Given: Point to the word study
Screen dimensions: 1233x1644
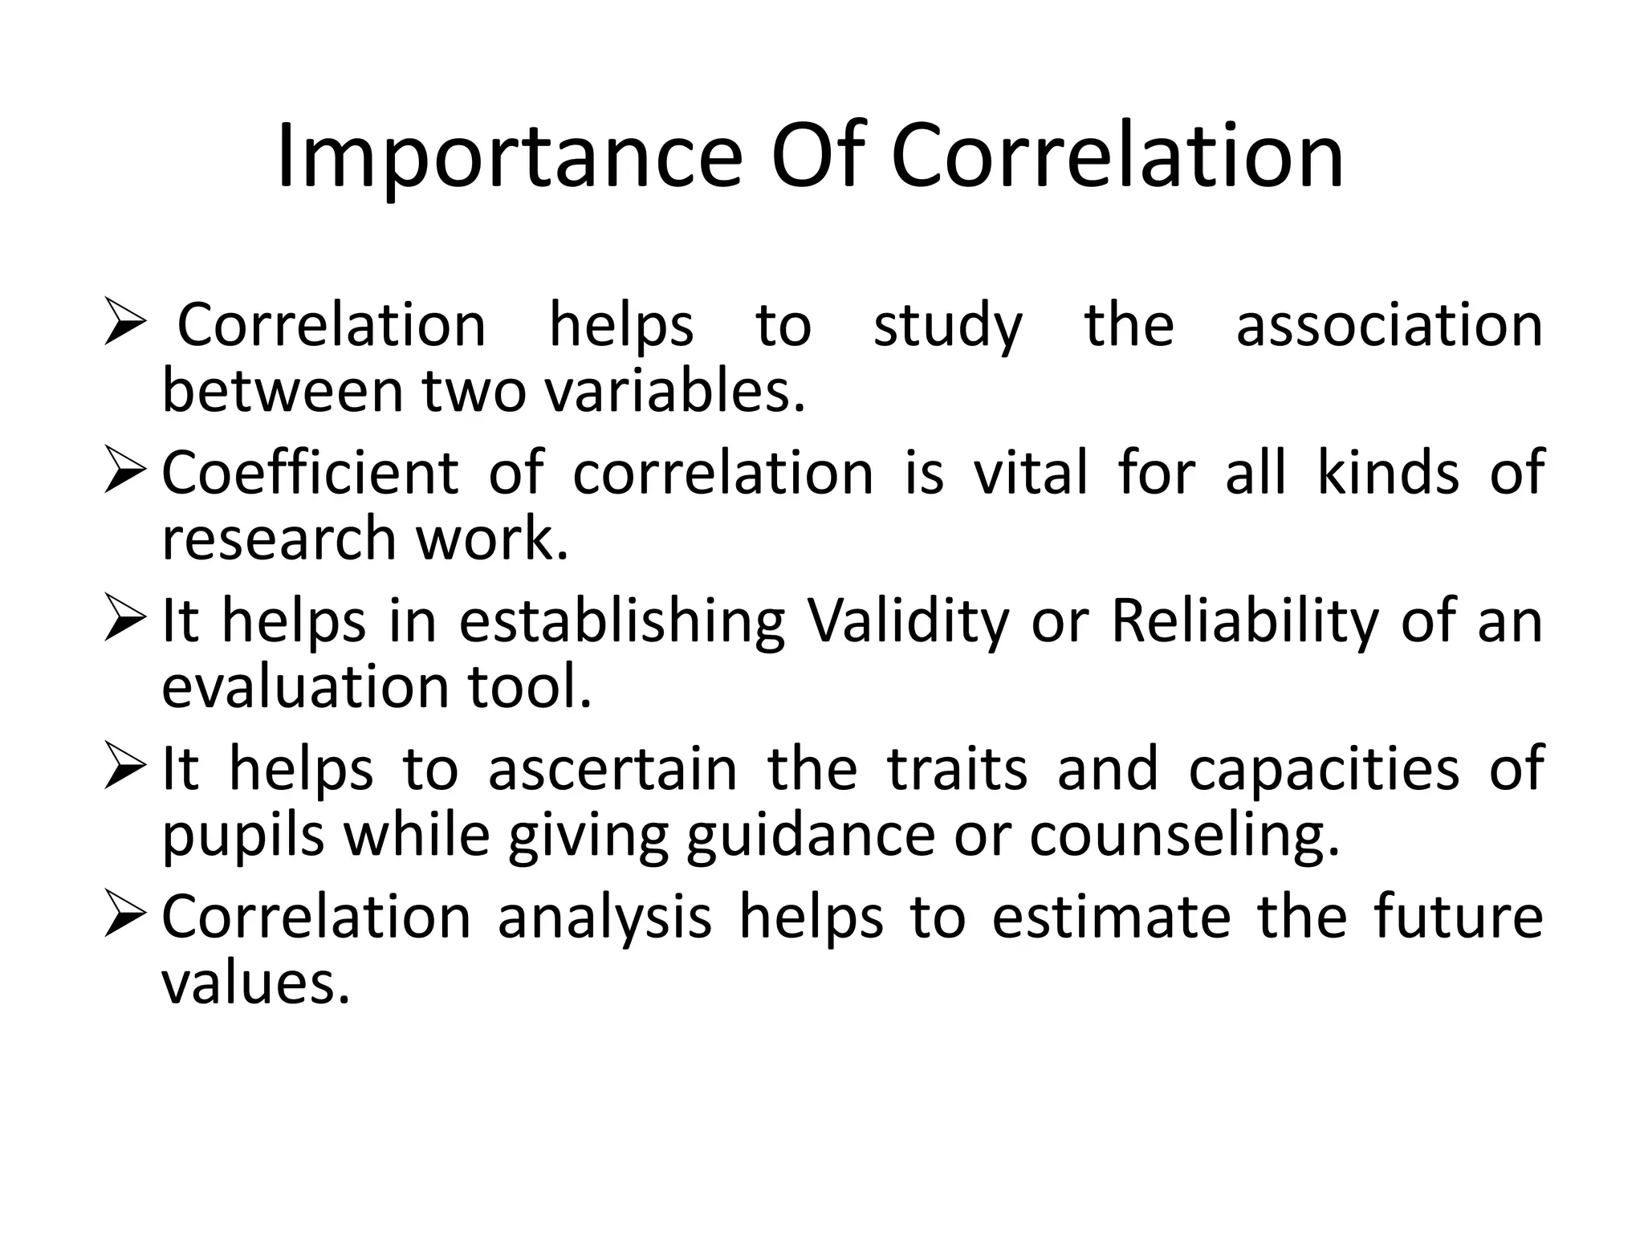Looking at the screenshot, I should pyautogui.click(x=948, y=328).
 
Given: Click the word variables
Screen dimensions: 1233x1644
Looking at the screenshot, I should pyautogui.click(x=674, y=392).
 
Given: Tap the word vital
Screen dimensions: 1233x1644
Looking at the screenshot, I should pyautogui.click(x=1031, y=473).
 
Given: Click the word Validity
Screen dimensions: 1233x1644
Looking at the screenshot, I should pyautogui.click(x=907, y=622).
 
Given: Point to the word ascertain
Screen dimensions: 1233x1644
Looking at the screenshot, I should pyautogui.click(x=612, y=770).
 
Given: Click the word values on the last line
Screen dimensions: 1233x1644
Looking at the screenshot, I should pyautogui.click(x=256, y=983).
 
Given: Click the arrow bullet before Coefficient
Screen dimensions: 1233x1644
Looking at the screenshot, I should pyautogui.click(x=125, y=474).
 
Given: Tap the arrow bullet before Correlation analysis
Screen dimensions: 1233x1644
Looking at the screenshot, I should pyautogui.click(x=125, y=918).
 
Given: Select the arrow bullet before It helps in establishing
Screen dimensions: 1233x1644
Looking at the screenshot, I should pyautogui.click(x=125, y=623).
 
